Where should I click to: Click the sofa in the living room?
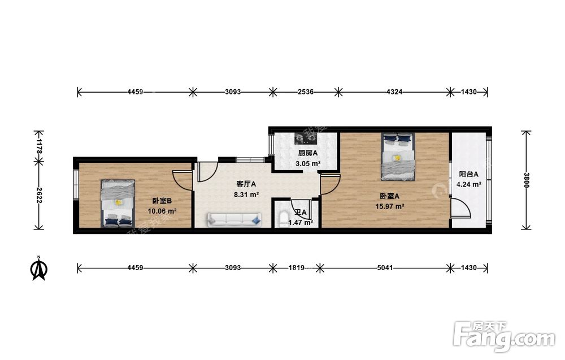[x=234, y=219]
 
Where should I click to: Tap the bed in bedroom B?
[x=118, y=203]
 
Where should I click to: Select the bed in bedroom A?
[x=398, y=157]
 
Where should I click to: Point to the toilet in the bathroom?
[x=283, y=219]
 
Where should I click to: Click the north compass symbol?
[x=39, y=268]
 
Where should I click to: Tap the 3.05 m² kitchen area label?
[x=308, y=163]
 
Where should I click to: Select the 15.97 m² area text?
[x=389, y=206]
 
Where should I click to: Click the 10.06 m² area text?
[x=162, y=211]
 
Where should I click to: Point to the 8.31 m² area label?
[x=246, y=194]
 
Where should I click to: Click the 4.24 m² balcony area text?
[x=469, y=184]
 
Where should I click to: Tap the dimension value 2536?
[x=305, y=92]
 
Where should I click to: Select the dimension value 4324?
[x=394, y=92]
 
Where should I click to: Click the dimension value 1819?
[x=296, y=268]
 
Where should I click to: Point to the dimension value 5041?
[x=385, y=268]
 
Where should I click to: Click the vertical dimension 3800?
[x=527, y=180]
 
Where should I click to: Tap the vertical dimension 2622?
[x=39, y=195]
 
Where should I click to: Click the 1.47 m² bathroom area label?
[x=301, y=222]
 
